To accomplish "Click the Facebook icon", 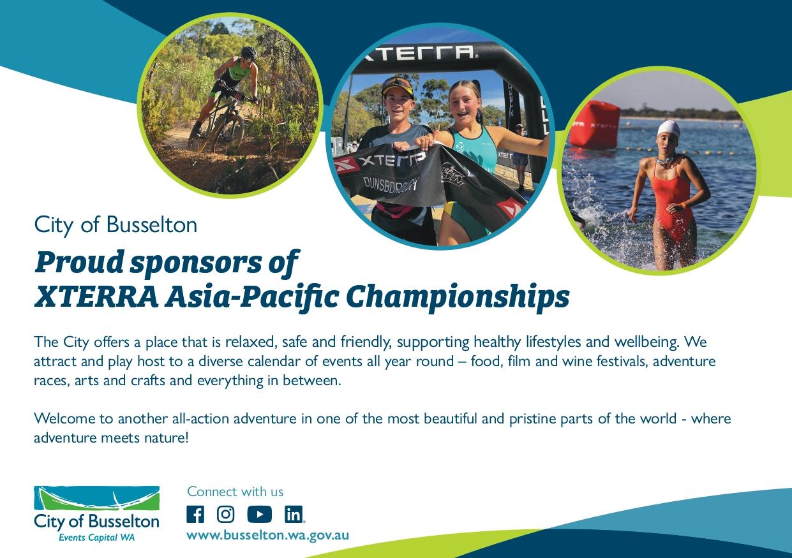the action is point(195,514).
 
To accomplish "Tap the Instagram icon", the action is point(225,514).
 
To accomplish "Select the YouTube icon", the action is point(260,514).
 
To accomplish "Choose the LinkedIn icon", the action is point(294,514).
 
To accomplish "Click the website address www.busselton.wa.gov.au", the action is point(267,536).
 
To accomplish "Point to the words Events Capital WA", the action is point(96,538).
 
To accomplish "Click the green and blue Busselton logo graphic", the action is point(96,498).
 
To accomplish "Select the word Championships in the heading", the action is point(458,298).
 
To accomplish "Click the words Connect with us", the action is point(235,492).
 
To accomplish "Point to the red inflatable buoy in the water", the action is point(594,125).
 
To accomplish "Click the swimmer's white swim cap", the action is point(669,129).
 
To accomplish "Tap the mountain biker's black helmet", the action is point(249,52).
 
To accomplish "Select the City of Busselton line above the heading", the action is point(116,224).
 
